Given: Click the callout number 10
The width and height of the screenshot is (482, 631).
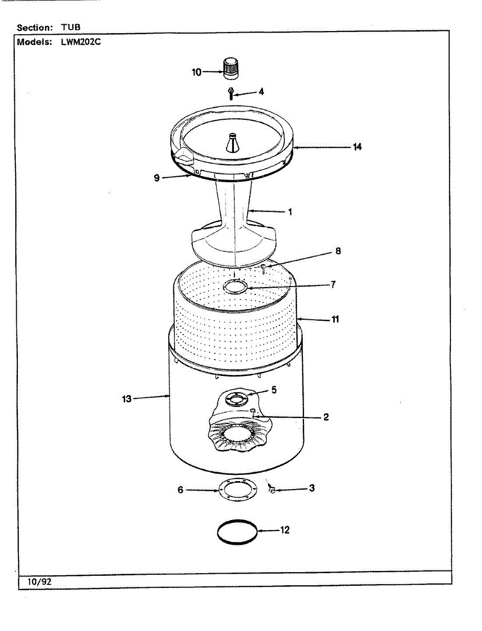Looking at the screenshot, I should (x=197, y=72).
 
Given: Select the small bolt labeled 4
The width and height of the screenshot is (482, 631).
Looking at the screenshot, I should (x=231, y=93).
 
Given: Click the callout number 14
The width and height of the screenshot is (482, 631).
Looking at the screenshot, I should (x=357, y=147).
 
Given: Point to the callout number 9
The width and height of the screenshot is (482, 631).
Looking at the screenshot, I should (x=156, y=178).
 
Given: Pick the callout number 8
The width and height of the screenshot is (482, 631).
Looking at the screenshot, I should (x=338, y=251).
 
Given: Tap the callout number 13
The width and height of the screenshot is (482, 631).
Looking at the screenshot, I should (x=127, y=399).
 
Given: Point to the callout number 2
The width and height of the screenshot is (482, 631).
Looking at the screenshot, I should (x=326, y=417).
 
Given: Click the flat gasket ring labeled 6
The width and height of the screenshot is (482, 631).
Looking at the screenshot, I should (x=237, y=490).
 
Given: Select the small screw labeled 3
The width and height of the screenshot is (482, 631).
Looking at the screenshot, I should (x=272, y=490).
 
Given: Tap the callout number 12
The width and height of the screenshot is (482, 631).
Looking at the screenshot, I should (x=284, y=531).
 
